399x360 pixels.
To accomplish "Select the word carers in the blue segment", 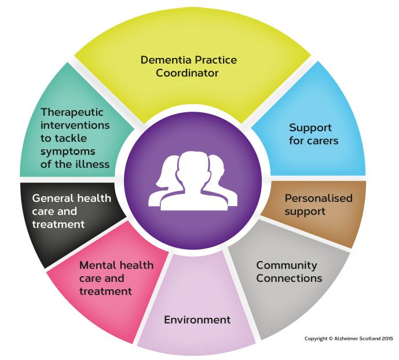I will coord(322,141).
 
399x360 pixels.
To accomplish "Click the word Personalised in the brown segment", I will coord(318,198).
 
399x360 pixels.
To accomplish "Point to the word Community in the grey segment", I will coord(287,265).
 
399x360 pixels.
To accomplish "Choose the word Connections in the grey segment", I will coord(289,278).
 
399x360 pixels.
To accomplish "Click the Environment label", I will coord(197,320).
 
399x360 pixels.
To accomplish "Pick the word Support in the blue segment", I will coord(310,127).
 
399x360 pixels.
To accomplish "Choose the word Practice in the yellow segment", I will coord(217,60).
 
